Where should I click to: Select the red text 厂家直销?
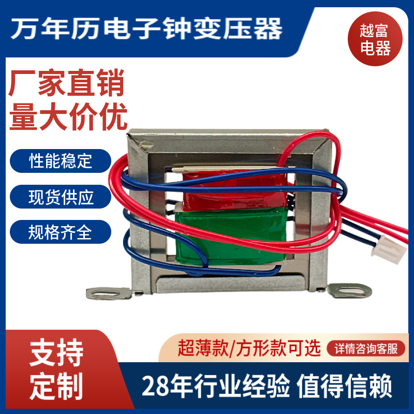[67, 84]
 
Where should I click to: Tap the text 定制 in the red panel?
[56, 387]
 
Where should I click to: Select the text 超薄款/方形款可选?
[249, 348]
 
